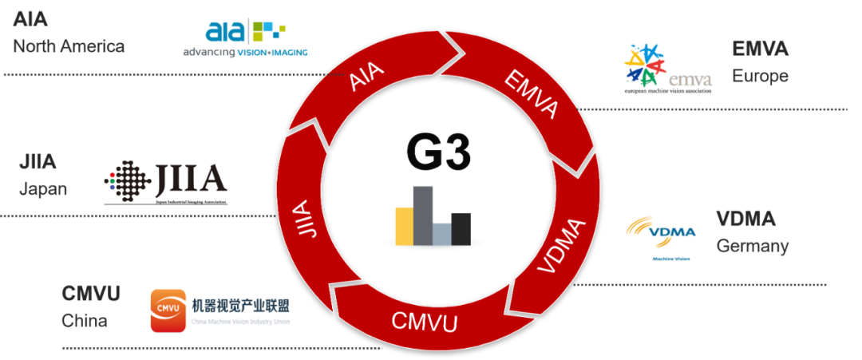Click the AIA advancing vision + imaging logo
[246, 38]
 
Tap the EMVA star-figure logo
[669, 69]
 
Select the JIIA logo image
[166, 182]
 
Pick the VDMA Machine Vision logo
[665, 239]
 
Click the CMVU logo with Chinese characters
[226, 311]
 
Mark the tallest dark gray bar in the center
[423, 213]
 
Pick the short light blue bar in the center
[442, 233]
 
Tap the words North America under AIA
[69, 45]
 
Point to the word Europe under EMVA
[760, 76]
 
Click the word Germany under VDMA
[753, 246]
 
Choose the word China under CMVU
[85, 320]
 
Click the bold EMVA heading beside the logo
[760, 49]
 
